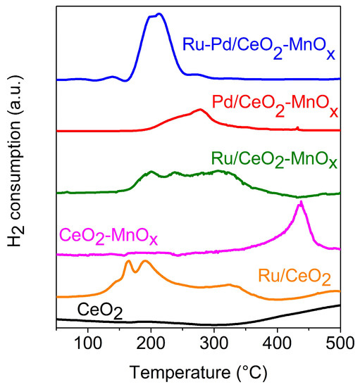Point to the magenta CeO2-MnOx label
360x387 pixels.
[x=106, y=233]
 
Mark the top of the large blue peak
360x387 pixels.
[x=159, y=13]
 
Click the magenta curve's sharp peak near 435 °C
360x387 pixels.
[x=301, y=202]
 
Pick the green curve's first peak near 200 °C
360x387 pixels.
[x=151, y=172]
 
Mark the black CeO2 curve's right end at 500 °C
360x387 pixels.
[x=340, y=305]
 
